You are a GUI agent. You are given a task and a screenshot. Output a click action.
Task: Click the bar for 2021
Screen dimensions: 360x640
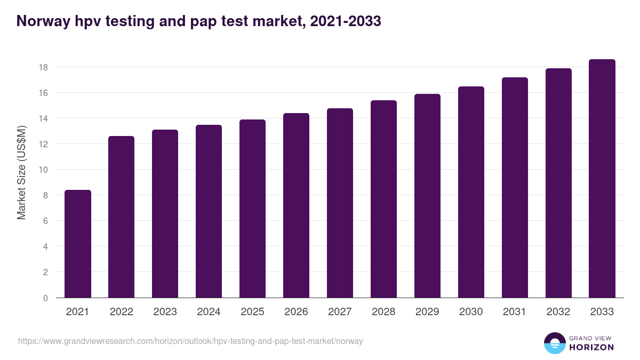point(78,244)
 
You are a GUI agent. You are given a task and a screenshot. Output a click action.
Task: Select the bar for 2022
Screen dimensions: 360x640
point(122,217)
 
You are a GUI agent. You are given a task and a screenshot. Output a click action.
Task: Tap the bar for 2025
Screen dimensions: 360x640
point(252,209)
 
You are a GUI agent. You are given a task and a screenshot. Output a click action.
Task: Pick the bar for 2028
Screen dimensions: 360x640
point(383,199)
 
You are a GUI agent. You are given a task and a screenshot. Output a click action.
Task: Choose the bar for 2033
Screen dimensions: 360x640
point(602,179)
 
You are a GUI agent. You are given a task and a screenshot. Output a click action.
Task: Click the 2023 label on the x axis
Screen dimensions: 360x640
point(165,312)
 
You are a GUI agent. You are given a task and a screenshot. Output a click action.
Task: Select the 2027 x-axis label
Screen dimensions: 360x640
point(340,312)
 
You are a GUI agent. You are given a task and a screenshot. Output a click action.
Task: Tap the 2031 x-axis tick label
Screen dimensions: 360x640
point(515,312)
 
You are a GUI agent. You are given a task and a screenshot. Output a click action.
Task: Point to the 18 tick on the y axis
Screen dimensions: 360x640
point(43,67)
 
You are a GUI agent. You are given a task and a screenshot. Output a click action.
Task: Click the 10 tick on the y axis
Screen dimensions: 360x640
point(43,170)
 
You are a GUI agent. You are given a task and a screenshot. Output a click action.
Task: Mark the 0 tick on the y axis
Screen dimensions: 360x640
point(45,298)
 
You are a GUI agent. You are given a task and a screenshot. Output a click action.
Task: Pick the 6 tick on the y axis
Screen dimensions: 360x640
point(45,221)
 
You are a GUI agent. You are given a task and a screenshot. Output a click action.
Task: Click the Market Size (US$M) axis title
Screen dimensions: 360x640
point(21,172)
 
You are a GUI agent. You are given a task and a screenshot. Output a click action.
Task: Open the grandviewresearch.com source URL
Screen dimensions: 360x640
point(190,341)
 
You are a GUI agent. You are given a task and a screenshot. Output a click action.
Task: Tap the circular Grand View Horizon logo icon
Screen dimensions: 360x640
point(554,343)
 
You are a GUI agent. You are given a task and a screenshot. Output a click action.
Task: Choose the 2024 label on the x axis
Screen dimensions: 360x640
point(209,312)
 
